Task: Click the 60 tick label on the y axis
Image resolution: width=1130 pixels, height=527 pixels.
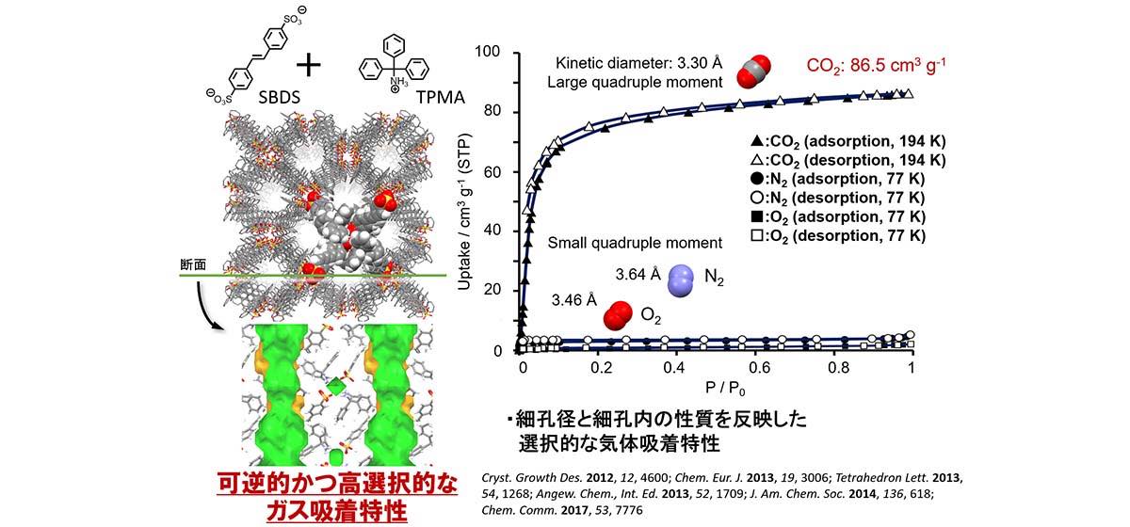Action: click(x=496, y=172)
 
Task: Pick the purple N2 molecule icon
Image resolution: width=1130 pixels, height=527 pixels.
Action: click(x=681, y=279)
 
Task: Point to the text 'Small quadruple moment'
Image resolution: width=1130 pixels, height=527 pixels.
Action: click(x=635, y=243)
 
